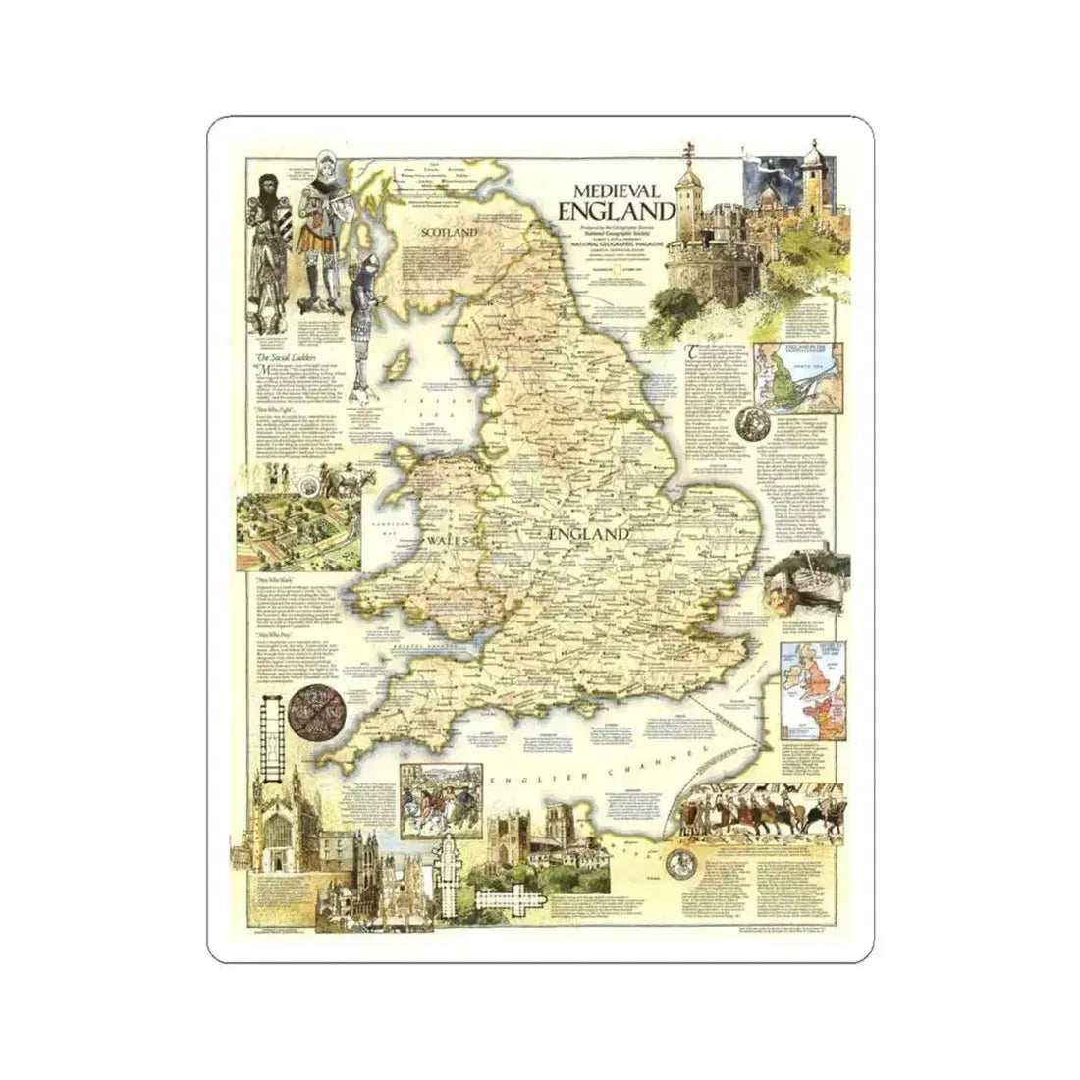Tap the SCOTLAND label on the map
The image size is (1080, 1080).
[448, 233]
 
